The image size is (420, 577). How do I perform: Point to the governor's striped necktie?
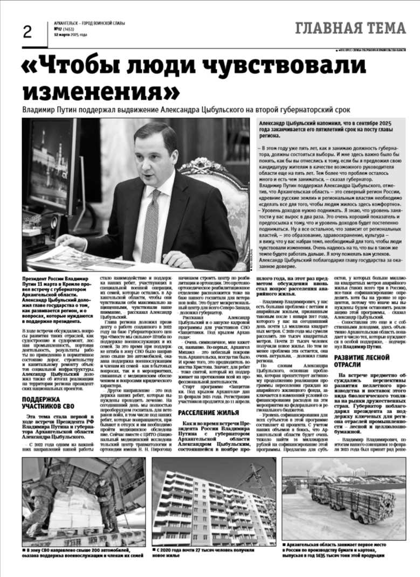[x=151, y=216]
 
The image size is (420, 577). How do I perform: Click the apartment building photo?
[x=214, y=502]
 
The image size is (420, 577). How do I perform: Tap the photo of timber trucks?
[x=351, y=502]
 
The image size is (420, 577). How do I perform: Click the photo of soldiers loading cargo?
[x=84, y=502]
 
